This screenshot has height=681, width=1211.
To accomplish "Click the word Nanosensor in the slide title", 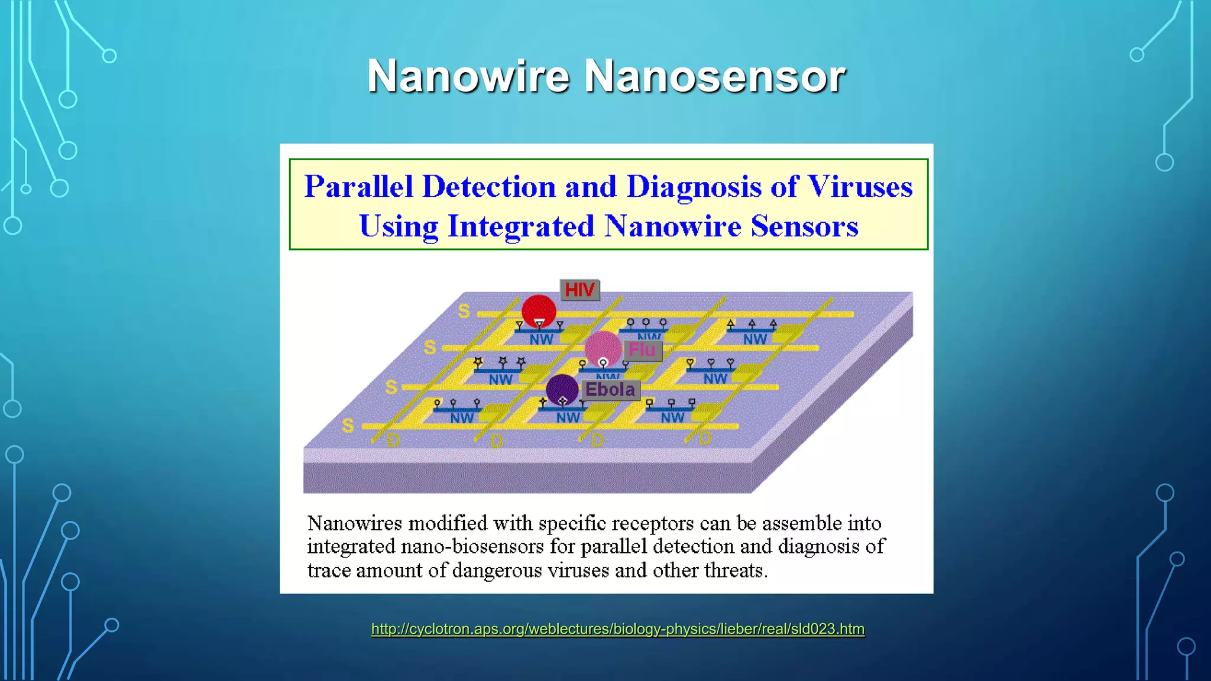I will coord(715,76).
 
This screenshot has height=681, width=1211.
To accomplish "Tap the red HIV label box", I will coord(579,290).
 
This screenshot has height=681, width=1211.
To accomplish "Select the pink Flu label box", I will coord(642,350).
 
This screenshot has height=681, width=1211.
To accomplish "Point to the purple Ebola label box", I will coord(610,390).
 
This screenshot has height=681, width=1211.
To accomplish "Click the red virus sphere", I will coord(539,310).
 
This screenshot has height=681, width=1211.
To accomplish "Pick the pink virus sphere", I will coord(603,348).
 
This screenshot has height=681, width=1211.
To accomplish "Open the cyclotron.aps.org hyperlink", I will coord(617,629).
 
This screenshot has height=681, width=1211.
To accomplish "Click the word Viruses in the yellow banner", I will coord(860,187).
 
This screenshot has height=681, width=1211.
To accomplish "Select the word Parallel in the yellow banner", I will coord(358,187).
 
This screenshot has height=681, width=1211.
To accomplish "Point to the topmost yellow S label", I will coord(464,311).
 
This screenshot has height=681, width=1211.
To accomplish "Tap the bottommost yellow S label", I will coord(348,426).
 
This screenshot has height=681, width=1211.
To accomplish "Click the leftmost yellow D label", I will coord(393,440).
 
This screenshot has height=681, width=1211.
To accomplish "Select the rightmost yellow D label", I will coord(705,439).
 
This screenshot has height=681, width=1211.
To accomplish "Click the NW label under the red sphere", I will coord(541,339).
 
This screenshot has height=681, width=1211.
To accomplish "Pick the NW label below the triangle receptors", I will coord(755,339).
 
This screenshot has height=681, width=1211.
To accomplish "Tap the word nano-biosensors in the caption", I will coord(472,546).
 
